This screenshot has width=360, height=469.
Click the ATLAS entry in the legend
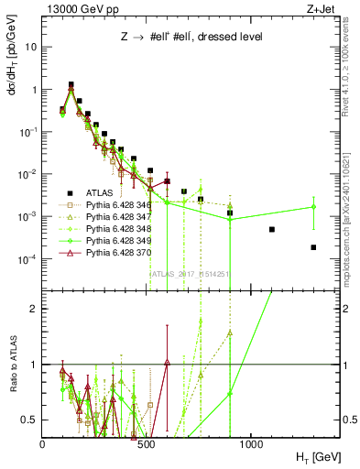tap(93, 193)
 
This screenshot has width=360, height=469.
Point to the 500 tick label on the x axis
tap(147, 442)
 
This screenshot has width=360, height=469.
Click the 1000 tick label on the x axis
tap(251, 442)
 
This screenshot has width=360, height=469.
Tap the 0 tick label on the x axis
tap(43, 442)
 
